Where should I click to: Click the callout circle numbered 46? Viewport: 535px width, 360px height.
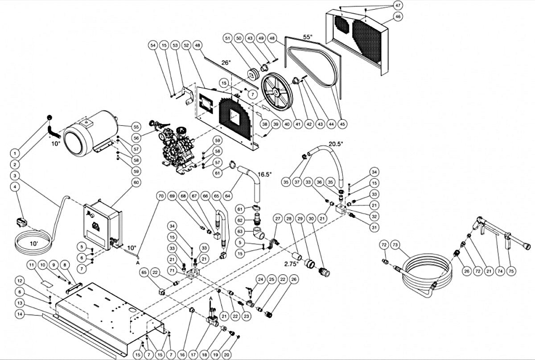pyautogui.click(x=398, y=17)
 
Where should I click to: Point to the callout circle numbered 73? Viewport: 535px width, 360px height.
pyautogui.click(x=395, y=245)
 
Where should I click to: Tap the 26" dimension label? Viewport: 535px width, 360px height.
pyautogui.click(x=226, y=63)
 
